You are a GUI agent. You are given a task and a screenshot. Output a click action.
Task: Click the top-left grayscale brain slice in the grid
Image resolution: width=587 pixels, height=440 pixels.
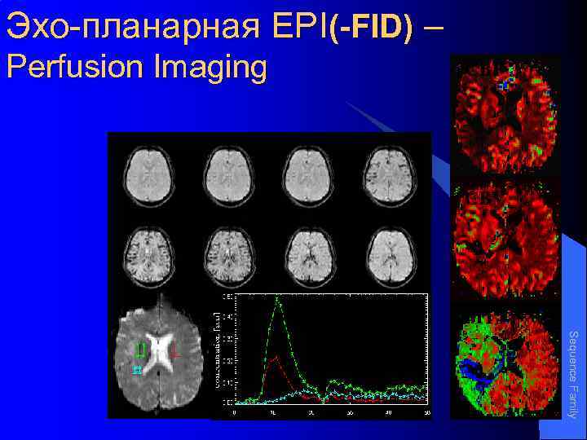click(x=147, y=174)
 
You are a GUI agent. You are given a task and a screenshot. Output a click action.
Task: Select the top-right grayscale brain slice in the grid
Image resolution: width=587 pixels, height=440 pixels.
click(x=387, y=174)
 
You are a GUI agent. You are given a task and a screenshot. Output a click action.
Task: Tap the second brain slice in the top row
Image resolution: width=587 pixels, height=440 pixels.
click(x=227, y=174)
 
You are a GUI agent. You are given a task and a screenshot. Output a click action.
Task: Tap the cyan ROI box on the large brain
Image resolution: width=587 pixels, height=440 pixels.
click(x=137, y=371)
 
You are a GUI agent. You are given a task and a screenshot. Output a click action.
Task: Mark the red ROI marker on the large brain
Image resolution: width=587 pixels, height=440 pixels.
click(x=174, y=351)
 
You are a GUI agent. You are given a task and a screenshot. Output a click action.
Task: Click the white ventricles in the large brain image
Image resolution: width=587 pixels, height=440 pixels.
click(x=157, y=349)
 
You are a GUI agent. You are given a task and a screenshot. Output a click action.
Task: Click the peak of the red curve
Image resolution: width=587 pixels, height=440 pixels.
click(x=276, y=356)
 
